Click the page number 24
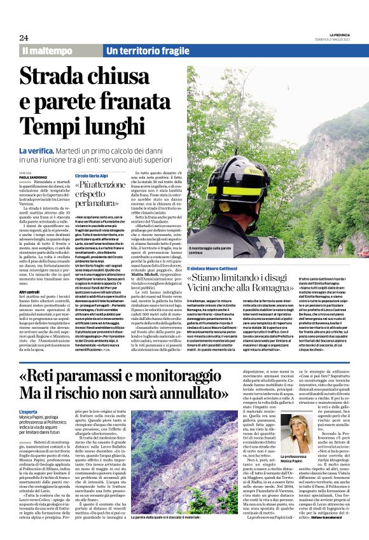[x=24, y=37]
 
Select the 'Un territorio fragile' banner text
[x=139, y=50]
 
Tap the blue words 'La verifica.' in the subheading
[x=39, y=149]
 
